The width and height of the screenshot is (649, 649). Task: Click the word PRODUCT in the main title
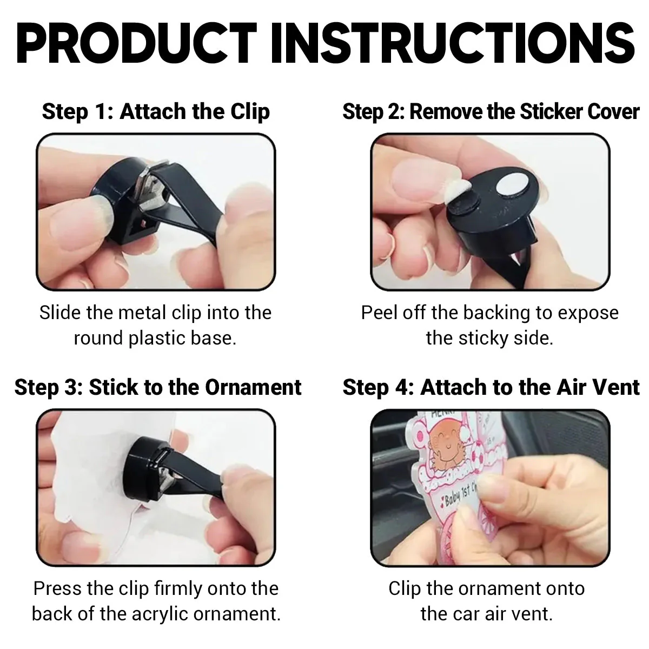click(136, 43)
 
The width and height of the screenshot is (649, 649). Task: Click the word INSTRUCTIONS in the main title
click(453, 43)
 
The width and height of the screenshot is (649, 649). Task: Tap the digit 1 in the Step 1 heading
click(101, 111)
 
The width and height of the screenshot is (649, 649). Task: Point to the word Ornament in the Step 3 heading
click(253, 387)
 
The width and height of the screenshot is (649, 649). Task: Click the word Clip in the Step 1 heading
click(250, 111)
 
